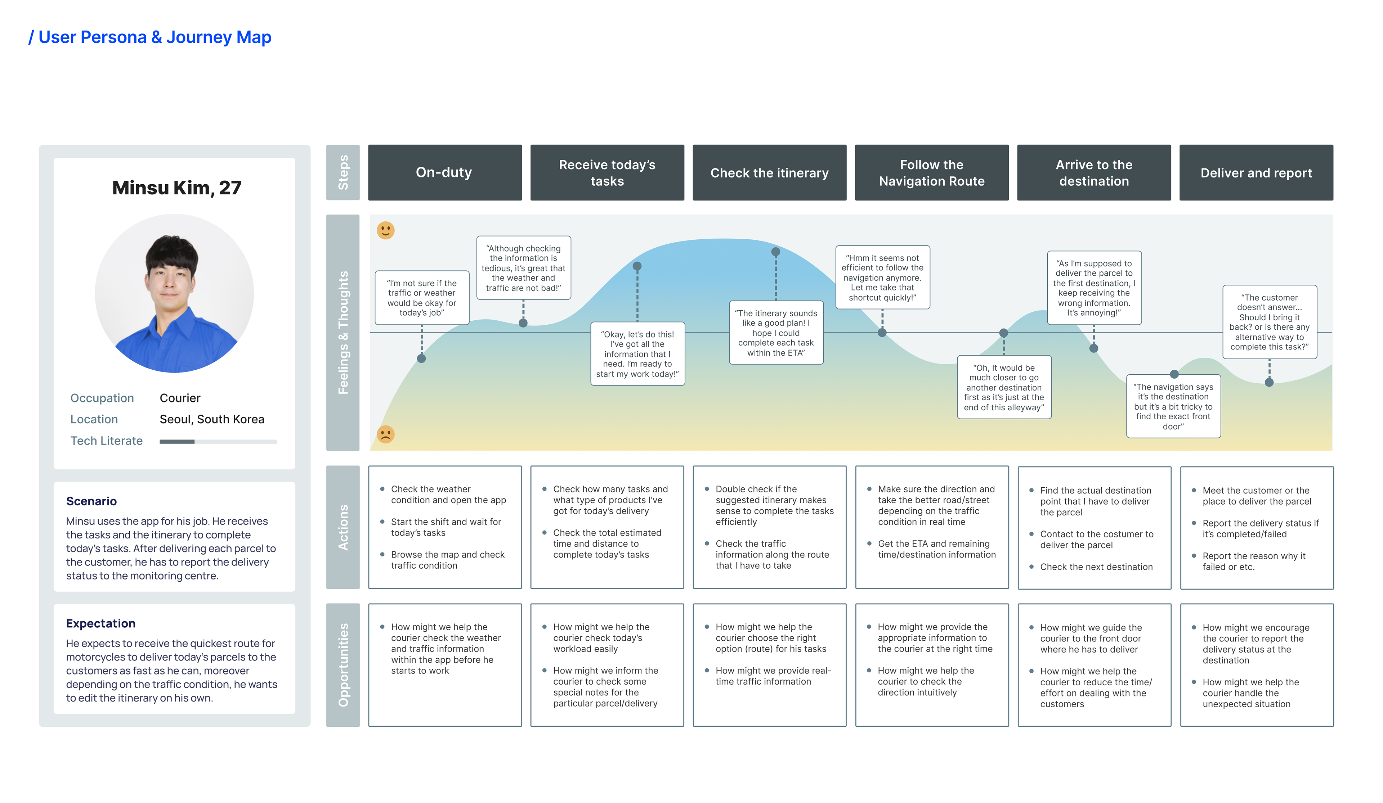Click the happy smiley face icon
coord(385,230)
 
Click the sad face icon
coord(385,434)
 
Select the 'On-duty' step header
coord(444,172)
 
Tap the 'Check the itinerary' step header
coord(769,172)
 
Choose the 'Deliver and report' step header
coord(1256,172)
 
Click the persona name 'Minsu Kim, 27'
coord(177,188)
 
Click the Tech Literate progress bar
coord(218,442)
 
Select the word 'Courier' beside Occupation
coord(180,398)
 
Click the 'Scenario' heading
coord(91,501)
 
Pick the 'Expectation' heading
coord(101,624)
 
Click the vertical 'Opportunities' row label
coord(343,665)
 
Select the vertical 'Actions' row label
coord(343,527)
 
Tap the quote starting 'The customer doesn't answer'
coord(1270,322)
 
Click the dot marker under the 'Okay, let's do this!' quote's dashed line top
coord(637,266)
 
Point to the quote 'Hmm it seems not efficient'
coord(882,278)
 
